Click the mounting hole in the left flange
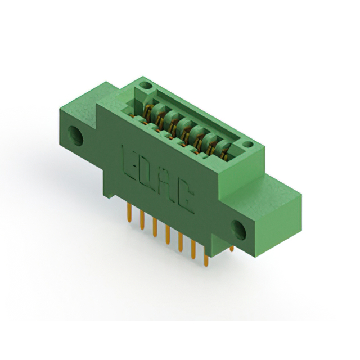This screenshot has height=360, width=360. pos(75,136)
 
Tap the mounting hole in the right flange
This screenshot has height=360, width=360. pos(238,230)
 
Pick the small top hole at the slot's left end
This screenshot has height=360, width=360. pos(146,85)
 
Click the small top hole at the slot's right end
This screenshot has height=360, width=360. pos(248,145)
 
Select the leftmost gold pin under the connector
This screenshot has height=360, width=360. pos(129,213)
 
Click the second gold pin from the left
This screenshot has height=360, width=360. pos(142,220)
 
